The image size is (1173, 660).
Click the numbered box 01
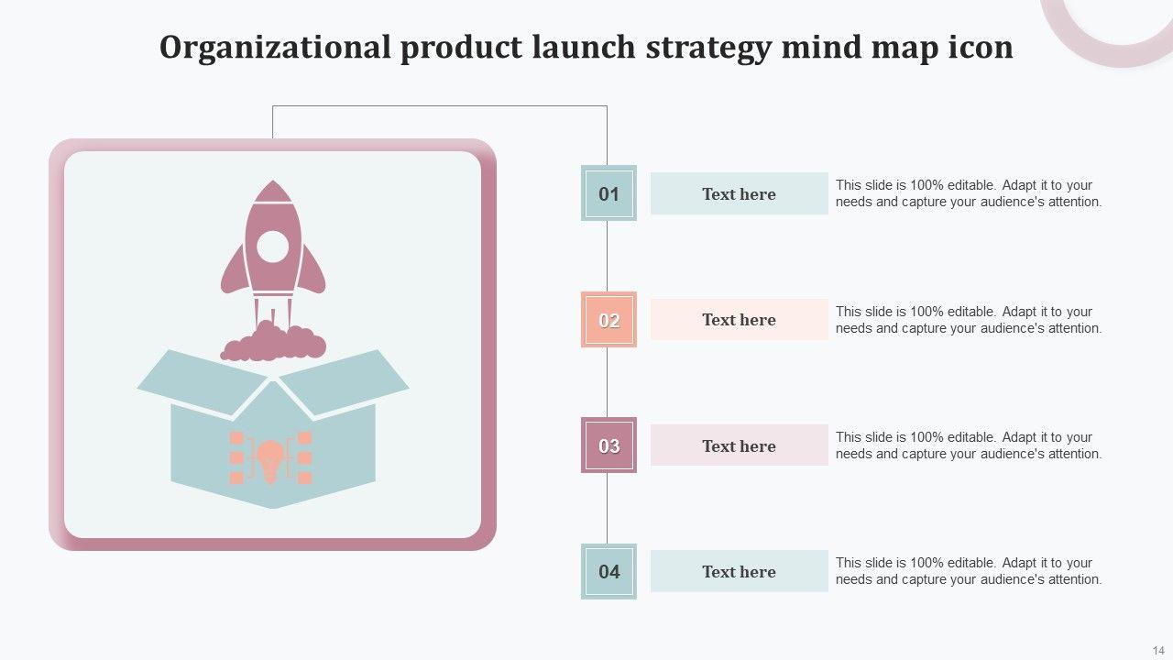coord(608,193)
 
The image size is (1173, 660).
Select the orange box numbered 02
coord(608,320)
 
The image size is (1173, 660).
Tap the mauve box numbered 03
coord(608,446)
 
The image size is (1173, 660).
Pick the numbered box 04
coord(608,572)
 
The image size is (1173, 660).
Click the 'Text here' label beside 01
coord(739,194)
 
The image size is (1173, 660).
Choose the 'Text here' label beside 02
coord(739,320)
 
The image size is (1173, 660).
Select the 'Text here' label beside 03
coord(739,446)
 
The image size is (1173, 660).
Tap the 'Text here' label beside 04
coord(739,572)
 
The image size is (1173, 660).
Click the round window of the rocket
coord(272,247)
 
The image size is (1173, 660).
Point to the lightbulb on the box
coord(270,458)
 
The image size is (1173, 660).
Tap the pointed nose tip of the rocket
coord(272,184)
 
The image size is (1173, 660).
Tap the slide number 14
coord(1158,650)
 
